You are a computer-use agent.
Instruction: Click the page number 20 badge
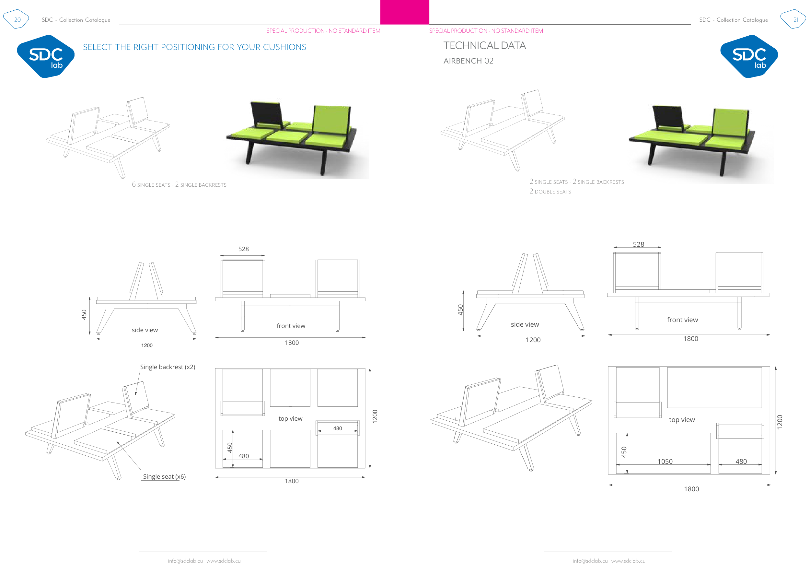pos(17,19)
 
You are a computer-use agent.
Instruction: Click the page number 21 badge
pos(795,19)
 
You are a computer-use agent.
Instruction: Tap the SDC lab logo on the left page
pos(46,56)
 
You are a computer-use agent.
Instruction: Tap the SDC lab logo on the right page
pos(749,56)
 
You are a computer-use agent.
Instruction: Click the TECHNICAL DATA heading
pos(484,45)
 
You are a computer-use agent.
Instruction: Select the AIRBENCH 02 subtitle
pos(468,61)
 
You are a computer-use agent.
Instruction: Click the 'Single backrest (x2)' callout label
pos(168,367)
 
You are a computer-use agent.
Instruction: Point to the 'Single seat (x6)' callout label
pos(164,476)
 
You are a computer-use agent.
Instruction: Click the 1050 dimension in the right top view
pos(665,461)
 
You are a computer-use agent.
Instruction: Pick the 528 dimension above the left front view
pos(243,249)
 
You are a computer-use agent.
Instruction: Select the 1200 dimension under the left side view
pos(147,345)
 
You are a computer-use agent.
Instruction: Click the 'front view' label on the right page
pos(682,320)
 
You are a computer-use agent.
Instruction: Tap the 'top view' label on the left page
pos(290,418)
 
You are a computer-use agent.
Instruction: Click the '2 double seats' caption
pos(550,192)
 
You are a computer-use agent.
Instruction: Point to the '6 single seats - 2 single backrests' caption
pos(179,184)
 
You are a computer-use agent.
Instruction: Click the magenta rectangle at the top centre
pos(405,12)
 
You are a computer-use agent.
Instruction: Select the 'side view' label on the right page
pos(525,324)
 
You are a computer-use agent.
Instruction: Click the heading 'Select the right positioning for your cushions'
pos(194,47)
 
